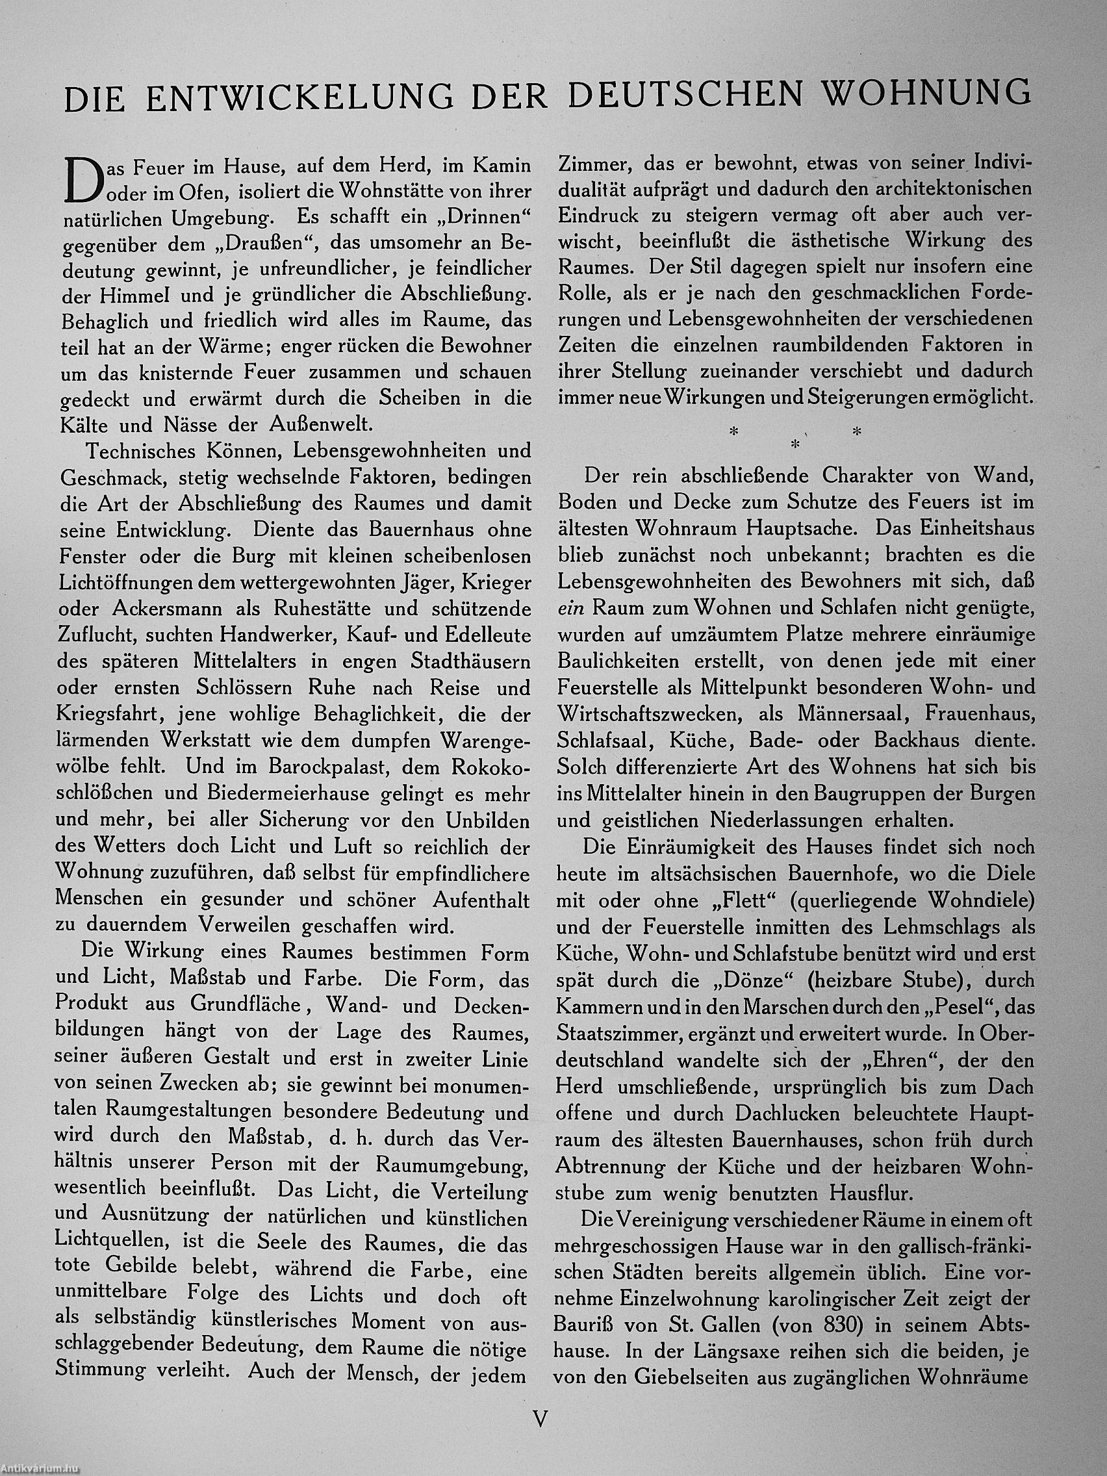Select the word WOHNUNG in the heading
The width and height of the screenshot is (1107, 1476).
click(x=927, y=94)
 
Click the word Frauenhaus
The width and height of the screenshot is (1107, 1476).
click(x=980, y=714)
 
